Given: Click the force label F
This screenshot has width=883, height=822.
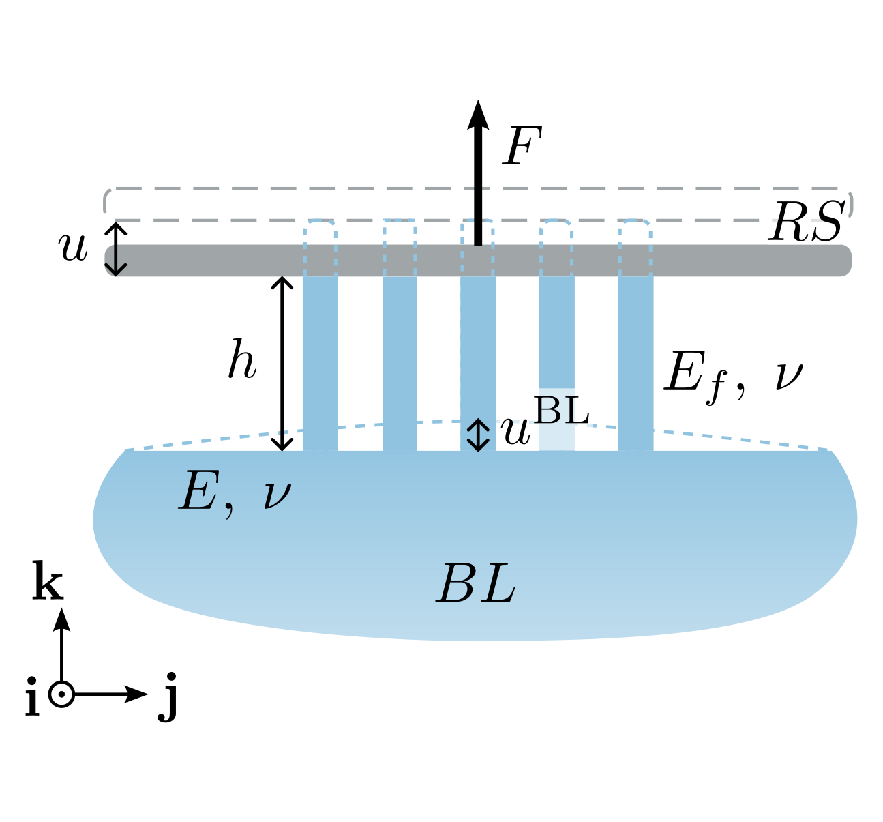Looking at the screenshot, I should [521, 147].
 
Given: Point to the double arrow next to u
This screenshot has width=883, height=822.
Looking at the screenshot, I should [116, 248].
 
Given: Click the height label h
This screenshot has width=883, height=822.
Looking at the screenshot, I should [242, 362].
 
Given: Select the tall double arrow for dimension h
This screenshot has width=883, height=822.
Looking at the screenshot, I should [282, 363].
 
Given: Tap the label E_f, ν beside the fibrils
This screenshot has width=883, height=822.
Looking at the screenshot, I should [733, 379].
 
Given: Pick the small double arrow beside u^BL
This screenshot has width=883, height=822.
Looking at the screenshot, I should [478, 435].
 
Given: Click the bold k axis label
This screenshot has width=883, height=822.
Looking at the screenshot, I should [47, 585].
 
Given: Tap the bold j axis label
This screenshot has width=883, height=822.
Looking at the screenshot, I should [168, 697].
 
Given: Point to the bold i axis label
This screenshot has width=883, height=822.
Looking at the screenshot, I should [31, 696].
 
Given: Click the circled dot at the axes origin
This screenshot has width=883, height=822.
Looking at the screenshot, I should [61, 694].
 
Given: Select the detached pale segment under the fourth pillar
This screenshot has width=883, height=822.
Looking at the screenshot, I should [556, 420].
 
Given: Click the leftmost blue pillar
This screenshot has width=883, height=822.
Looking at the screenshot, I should [320, 362].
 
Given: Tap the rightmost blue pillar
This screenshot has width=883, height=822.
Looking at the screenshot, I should [635, 362].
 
